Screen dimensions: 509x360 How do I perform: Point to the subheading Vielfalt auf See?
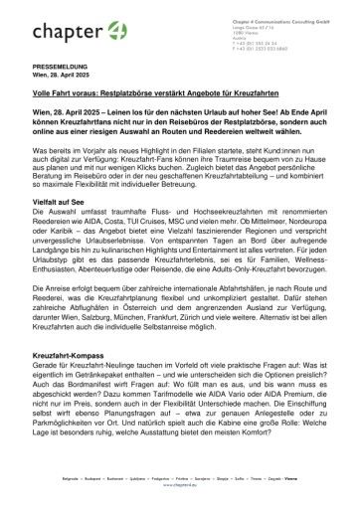click(57, 229)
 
